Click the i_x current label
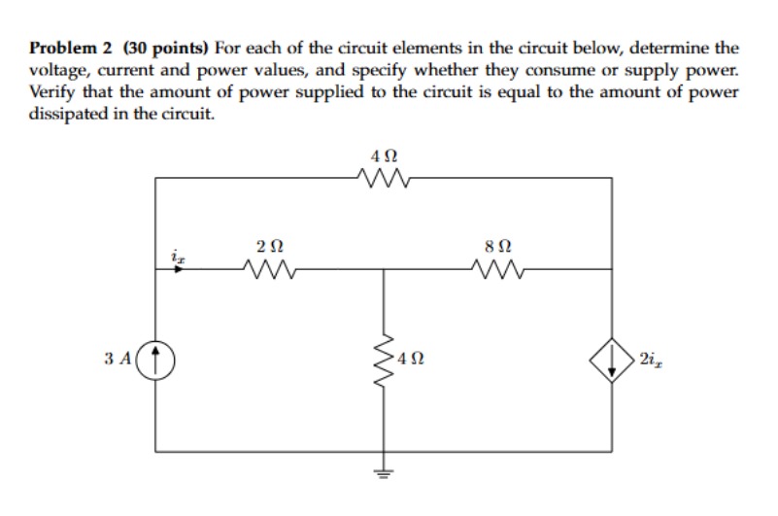click(x=177, y=254)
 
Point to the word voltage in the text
click(x=55, y=70)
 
